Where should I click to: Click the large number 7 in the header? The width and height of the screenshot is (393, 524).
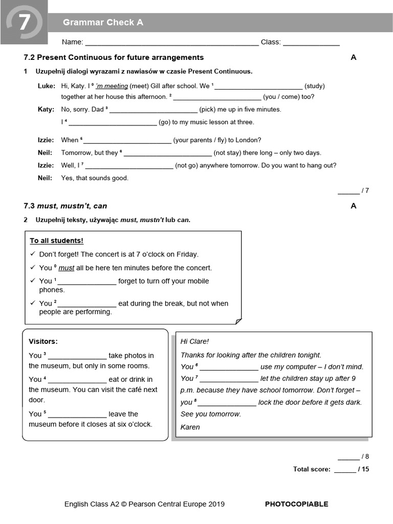tap(24, 23)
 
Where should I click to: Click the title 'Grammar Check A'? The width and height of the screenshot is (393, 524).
tap(103, 23)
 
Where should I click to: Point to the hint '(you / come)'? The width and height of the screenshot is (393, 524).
tap(281, 97)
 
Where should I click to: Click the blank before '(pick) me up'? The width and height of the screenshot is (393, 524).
tap(154, 110)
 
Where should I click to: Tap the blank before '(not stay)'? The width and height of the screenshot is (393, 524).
tap(168, 153)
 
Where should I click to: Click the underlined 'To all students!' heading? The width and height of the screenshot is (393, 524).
tap(56, 241)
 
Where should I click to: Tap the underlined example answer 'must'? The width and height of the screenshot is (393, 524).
tap(67, 268)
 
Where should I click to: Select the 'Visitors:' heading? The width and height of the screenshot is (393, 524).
tap(43, 341)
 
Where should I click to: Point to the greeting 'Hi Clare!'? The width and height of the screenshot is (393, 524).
tap(195, 341)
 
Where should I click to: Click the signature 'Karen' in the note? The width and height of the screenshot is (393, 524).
tap(190, 427)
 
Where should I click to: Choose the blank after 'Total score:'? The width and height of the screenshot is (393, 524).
tap(345, 470)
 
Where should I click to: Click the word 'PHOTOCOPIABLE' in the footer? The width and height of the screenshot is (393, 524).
tap(296, 504)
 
